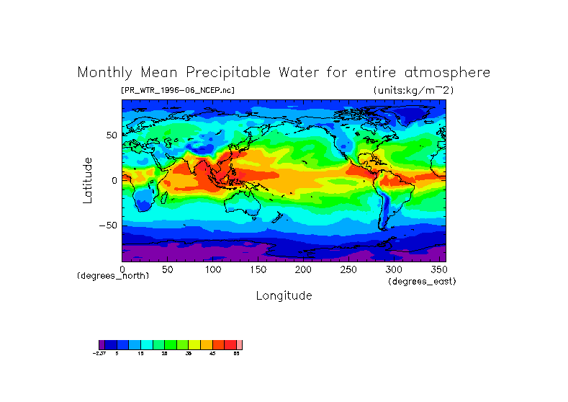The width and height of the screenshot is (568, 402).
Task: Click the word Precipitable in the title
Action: (227, 73)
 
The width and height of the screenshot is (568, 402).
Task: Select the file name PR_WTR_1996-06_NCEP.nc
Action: (178, 90)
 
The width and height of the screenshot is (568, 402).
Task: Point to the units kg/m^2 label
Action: (413, 90)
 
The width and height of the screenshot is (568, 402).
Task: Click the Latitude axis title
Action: (88, 180)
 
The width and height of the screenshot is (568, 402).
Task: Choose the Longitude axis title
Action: (284, 295)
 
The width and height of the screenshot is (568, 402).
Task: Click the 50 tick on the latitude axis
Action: (112, 135)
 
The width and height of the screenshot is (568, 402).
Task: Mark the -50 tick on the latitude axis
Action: (108, 225)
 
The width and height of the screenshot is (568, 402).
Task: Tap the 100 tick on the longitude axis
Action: (212, 269)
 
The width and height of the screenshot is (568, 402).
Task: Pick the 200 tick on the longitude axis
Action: (303, 269)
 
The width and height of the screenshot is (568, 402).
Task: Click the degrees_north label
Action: (113, 276)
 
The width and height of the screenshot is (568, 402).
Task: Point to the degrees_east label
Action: (422, 281)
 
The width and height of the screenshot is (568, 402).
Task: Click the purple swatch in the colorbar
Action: (102, 344)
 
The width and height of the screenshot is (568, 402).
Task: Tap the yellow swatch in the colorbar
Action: (194, 344)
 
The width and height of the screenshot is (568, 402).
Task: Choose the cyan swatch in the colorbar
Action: (147, 344)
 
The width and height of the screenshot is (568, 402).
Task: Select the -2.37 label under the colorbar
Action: (99, 354)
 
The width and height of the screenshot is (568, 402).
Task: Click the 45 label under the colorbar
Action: (212, 354)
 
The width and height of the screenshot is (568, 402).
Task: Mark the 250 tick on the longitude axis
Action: (348, 269)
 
